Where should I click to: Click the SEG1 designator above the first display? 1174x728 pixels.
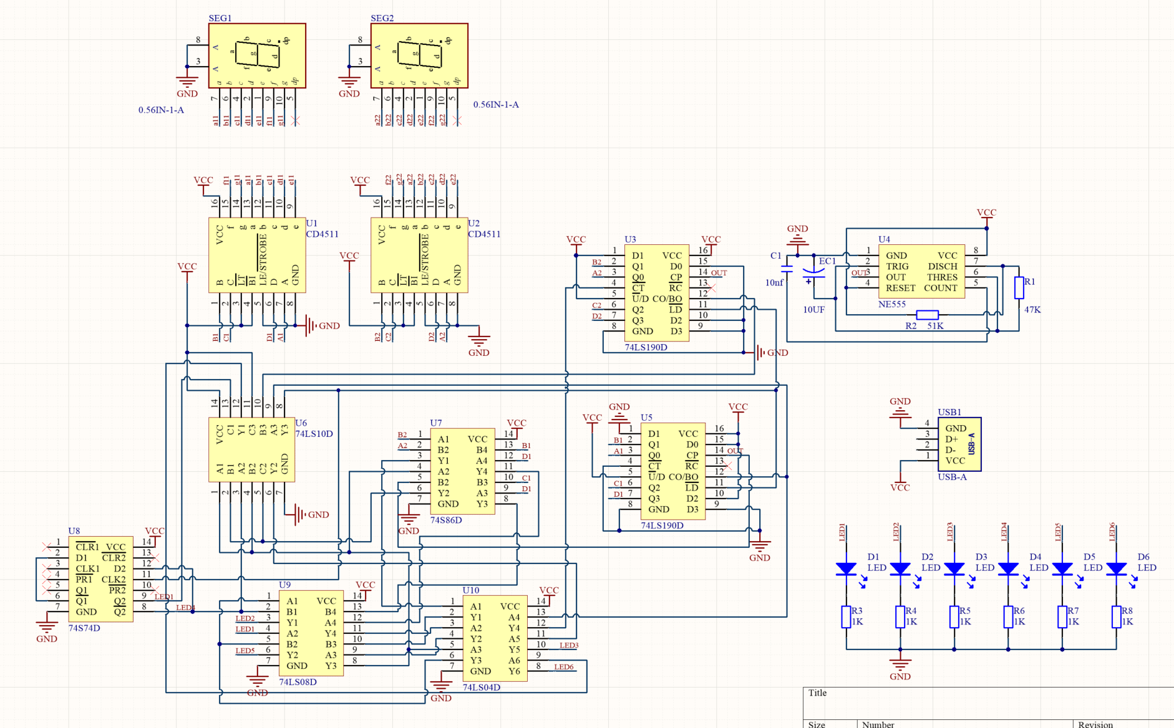(x=220, y=18)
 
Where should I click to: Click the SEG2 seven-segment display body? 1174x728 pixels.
(x=419, y=56)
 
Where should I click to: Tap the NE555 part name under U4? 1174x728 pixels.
(x=891, y=304)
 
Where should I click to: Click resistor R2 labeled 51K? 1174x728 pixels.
(x=927, y=315)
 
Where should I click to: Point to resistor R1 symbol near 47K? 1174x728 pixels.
(x=1019, y=288)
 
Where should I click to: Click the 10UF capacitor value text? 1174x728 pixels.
(x=813, y=310)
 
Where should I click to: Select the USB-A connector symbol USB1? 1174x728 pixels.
(x=959, y=444)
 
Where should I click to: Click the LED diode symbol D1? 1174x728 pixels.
(x=847, y=568)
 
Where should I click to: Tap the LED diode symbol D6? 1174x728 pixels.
(x=1116, y=568)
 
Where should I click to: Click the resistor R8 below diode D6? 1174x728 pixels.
(x=1116, y=616)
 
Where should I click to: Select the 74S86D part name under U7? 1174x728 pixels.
(x=446, y=520)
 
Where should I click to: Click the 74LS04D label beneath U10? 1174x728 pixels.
(x=481, y=687)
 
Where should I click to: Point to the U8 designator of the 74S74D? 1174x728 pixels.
(x=74, y=531)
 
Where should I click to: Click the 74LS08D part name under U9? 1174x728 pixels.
(x=298, y=682)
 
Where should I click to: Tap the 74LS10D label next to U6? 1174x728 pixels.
(x=314, y=434)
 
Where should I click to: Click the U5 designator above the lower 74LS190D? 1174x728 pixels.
(x=646, y=418)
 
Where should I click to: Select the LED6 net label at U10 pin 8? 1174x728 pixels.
(x=563, y=667)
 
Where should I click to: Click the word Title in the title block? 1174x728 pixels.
(x=817, y=693)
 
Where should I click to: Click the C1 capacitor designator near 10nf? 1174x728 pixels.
(x=775, y=256)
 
